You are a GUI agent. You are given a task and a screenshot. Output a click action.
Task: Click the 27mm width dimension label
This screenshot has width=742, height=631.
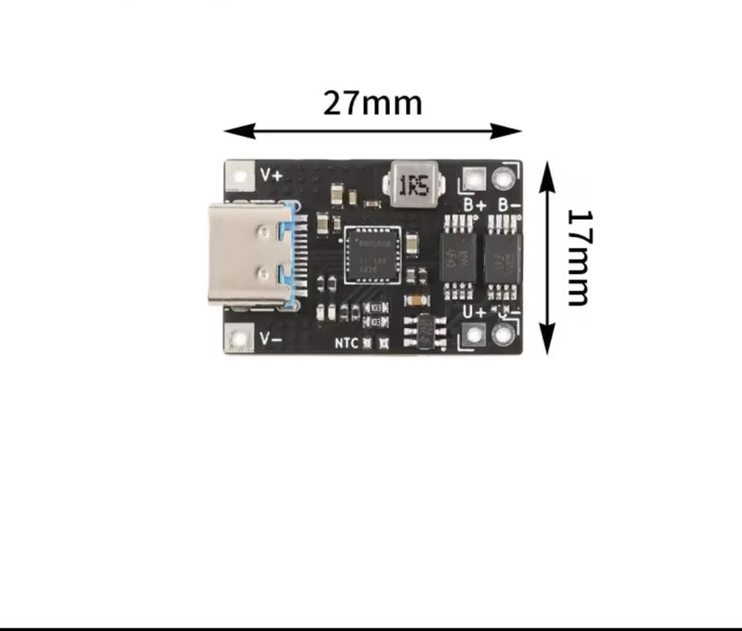(x=373, y=103)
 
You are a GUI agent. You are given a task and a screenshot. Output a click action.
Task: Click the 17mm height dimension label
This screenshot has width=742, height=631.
(x=579, y=258)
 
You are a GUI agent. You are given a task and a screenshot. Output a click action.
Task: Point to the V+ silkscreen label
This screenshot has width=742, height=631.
(x=271, y=174)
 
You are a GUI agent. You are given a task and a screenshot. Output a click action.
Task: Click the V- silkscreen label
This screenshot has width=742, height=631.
(x=271, y=338)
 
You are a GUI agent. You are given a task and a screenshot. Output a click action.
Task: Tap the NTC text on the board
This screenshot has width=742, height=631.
(x=347, y=343)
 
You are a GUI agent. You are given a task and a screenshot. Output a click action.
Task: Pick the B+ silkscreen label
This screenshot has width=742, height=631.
(x=474, y=205)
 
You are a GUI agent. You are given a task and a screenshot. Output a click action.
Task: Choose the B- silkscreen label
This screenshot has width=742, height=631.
(x=508, y=205)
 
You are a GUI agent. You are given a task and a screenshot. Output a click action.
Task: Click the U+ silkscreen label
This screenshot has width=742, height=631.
(x=475, y=312)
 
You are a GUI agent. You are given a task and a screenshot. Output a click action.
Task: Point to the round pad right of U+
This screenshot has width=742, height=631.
(x=502, y=335)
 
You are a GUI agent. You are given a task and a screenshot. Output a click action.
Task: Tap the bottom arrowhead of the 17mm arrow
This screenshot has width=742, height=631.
(x=547, y=346)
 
